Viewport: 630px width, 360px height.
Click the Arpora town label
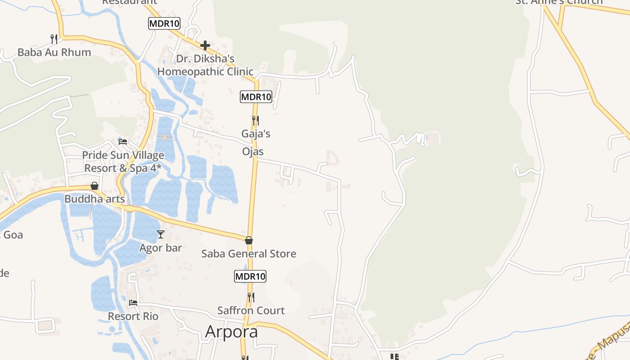pos(231,331)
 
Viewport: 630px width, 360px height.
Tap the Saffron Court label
pos(251,310)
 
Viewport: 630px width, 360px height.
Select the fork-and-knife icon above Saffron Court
pos(251,297)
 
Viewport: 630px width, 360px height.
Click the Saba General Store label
pos(248,254)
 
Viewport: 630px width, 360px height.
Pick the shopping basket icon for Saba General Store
pos(249,240)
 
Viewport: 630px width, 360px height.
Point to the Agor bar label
pos(161,248)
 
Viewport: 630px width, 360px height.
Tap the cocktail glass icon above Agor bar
pos(161,234)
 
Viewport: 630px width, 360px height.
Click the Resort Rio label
pos(133,316)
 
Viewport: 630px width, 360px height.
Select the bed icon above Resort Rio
pos(133,303)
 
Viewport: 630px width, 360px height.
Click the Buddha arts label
pos(94,199)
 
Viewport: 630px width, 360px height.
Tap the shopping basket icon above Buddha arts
pos(94,186)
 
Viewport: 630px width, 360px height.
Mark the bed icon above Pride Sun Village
pos(122,142)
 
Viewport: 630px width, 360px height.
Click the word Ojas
pos(253,152)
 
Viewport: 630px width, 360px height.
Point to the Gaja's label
pos(256,134)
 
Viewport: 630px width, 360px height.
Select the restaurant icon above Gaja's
pos(255,121)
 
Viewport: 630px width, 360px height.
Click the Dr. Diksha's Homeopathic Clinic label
pos(205,65)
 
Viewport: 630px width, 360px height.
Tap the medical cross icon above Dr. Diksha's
pos(205,45)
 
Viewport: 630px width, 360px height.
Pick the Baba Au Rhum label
pos(54,53)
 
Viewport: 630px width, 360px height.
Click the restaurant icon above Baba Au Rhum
pos(54,39)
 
